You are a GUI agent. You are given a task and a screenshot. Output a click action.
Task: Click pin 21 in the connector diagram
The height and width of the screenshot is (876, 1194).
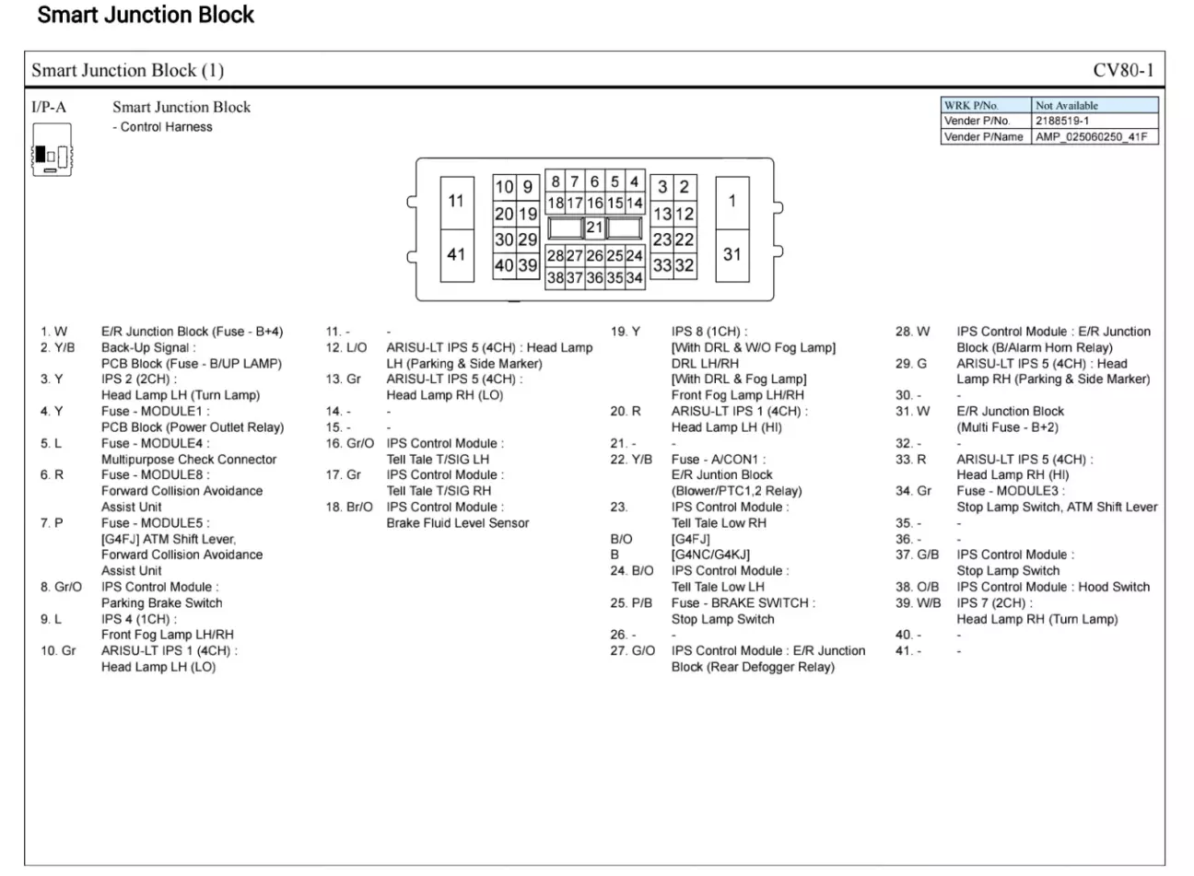click(x=594, y=228)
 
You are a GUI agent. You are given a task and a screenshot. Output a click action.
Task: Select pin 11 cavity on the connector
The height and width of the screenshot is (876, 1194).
click(x=457, y=203)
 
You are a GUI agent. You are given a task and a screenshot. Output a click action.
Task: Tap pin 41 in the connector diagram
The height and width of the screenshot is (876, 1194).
click(x=457, y=255)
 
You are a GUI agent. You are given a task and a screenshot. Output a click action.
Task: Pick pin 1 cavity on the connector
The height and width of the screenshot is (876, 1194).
click(x=732, y=203)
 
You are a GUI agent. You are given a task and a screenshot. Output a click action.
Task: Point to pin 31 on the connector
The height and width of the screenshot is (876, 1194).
click(x=732, y=255)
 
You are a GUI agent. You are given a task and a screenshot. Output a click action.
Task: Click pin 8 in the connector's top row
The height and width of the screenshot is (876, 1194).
click(x=556, y=181)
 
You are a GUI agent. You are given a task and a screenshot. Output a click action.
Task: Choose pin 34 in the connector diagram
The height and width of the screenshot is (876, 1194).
click(x=634, y=278)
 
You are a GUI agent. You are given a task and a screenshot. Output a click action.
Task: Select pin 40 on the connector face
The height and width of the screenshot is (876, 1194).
click(x=504, y=264)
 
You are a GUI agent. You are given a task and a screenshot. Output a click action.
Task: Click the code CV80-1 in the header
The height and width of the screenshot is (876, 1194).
click(x=1123, y=70)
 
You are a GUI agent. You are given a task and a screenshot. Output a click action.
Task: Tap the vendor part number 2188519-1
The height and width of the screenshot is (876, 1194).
click(x=1062, y=121)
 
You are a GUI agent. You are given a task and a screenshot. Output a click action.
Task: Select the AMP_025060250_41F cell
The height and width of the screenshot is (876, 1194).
click(x=1091, y=137)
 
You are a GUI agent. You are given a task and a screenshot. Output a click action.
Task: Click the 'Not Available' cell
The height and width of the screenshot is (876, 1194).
click(x=1067, y=106)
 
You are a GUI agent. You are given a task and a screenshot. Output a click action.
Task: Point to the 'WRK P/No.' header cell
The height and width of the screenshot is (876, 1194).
click(x=971, y=106)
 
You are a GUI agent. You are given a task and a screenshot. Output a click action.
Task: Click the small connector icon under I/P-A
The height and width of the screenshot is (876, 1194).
click(x=53, y=150)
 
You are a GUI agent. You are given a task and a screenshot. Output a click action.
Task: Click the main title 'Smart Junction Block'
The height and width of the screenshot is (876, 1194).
click(x=146, y=15)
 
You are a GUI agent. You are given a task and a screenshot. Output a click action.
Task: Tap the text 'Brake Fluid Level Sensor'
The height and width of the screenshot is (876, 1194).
click(x=457, y=523)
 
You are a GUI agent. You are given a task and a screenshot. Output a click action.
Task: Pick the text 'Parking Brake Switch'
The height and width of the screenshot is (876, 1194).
click(x=161, y=603)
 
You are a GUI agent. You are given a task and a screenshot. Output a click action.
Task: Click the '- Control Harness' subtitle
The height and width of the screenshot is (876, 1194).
click(x=162, y=127)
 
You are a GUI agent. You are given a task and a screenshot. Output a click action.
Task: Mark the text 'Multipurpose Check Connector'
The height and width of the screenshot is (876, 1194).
click(x=189, y=460)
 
